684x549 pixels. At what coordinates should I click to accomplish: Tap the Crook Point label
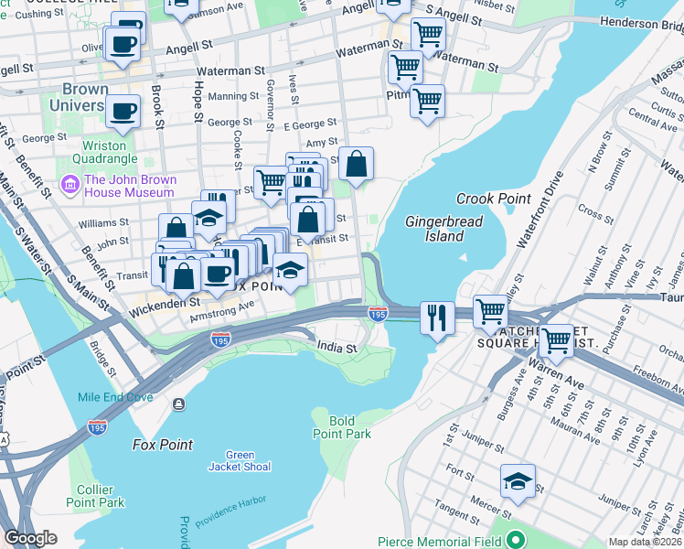pyautogui.click(x=487, y=199)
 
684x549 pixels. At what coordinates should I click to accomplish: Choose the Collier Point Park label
pyautogui.click(x=94, y=495)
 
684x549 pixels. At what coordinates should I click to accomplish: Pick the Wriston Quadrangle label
pyautogui.click(x=117, y=152)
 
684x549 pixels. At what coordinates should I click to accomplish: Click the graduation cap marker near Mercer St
pyautogui.click(x=518, y=480)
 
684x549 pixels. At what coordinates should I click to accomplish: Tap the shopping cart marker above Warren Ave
pyautogui.click(x=555, y=341)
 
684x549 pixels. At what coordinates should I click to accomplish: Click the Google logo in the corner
pyautogui.click(x=30, y=538)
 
